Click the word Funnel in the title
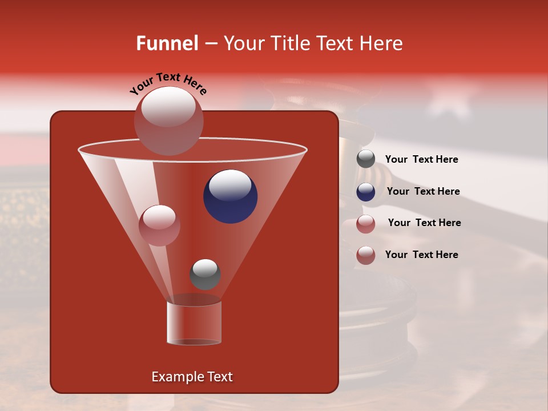pyautogui.click(x=167, y=43)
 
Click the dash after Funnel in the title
pyautogui.click(x=210, y=44)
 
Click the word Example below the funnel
pyautogui.click(x=178, y=377)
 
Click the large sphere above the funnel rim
pyautogui.click(x=168, y=120)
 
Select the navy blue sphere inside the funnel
pyautogui.click(x=230, y=196)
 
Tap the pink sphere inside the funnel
pyautogui.click(x=159, y=225)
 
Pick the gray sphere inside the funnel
pyautogui.click(x=205, y=275)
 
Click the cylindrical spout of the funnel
pyautogui.click(x=194, y=323)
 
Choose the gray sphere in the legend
pyautogui.click(x=366, y=159)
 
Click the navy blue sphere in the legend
pyautogui.click(x=366, y=192)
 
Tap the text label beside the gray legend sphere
pyautogui.click(x=421, y=160)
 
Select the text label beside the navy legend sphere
pyautogui.click(x=423, y=192)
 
